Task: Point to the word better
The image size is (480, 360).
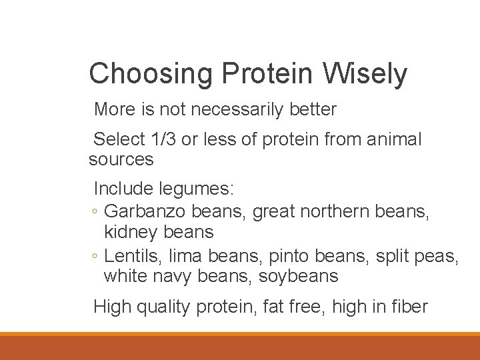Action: (313, 109)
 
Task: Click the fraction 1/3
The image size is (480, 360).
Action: (165, 139)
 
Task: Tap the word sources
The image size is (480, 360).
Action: (121, 159)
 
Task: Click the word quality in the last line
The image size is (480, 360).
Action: (163, 307)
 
